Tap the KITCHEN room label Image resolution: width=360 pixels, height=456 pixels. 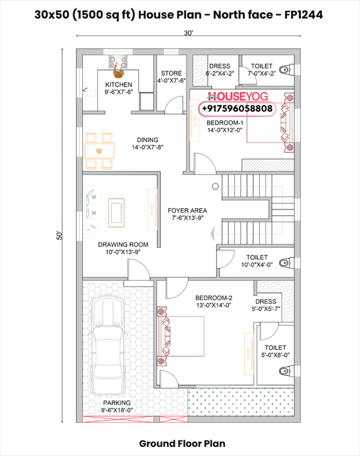119,85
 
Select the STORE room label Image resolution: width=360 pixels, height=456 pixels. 171,74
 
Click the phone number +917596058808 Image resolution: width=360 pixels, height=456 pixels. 238,109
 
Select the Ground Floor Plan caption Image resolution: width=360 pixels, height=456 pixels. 182,443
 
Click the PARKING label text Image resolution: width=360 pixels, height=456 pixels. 116,403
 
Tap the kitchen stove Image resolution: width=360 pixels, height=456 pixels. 119,62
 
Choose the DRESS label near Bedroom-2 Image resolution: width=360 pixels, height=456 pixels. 265,302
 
